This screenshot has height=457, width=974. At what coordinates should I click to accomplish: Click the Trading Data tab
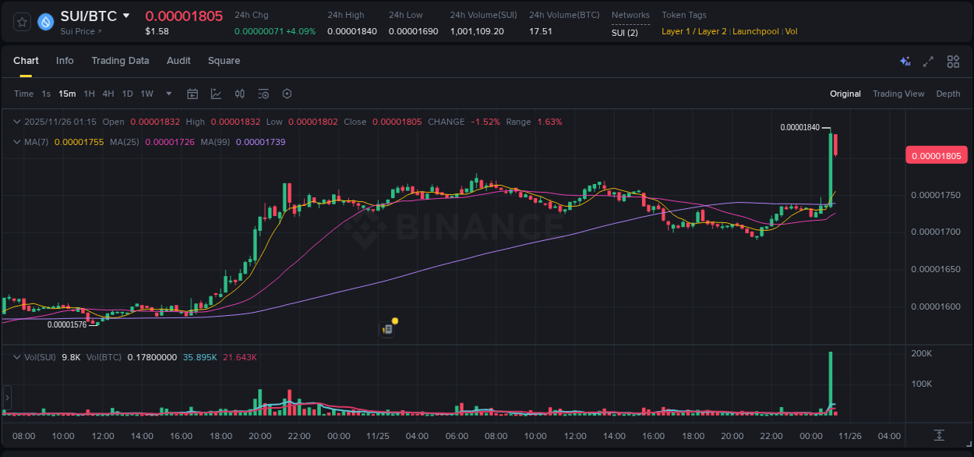tap(120, 61)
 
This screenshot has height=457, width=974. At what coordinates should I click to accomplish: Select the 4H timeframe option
tap(108, 94)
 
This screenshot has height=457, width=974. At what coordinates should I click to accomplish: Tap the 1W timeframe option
tap(146, 94)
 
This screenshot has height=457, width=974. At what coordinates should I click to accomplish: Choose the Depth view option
tap(948, 94)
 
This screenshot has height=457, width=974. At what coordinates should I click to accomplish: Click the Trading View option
tap(898, 94)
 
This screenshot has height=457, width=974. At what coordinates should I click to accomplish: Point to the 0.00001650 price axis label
tap(936, 269)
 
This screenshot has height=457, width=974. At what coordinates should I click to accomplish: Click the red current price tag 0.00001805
tap(936, 156)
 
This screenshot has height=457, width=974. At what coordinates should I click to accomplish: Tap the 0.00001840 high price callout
tap(799, 127)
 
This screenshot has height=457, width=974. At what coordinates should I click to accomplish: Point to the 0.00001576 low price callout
tap(67, 324)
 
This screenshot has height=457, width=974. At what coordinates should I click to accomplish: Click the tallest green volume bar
tap(831, 382)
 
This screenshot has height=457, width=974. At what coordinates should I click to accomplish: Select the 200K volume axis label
tap(922, 354)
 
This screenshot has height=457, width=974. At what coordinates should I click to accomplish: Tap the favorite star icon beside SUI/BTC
tap(23, 22)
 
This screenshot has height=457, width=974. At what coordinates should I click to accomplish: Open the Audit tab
tap(178, 61)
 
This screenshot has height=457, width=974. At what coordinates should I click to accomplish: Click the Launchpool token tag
tap(756, 31)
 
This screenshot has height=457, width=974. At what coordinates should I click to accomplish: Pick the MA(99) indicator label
tap(215, 142)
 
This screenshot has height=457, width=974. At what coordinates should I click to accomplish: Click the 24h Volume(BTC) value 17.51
tap(540, 31)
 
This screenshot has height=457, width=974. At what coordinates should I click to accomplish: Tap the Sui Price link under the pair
tap(81, 31)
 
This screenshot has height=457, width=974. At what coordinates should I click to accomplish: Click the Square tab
tap(224, 61)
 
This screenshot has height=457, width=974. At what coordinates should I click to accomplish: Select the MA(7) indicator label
tap(37, 142)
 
